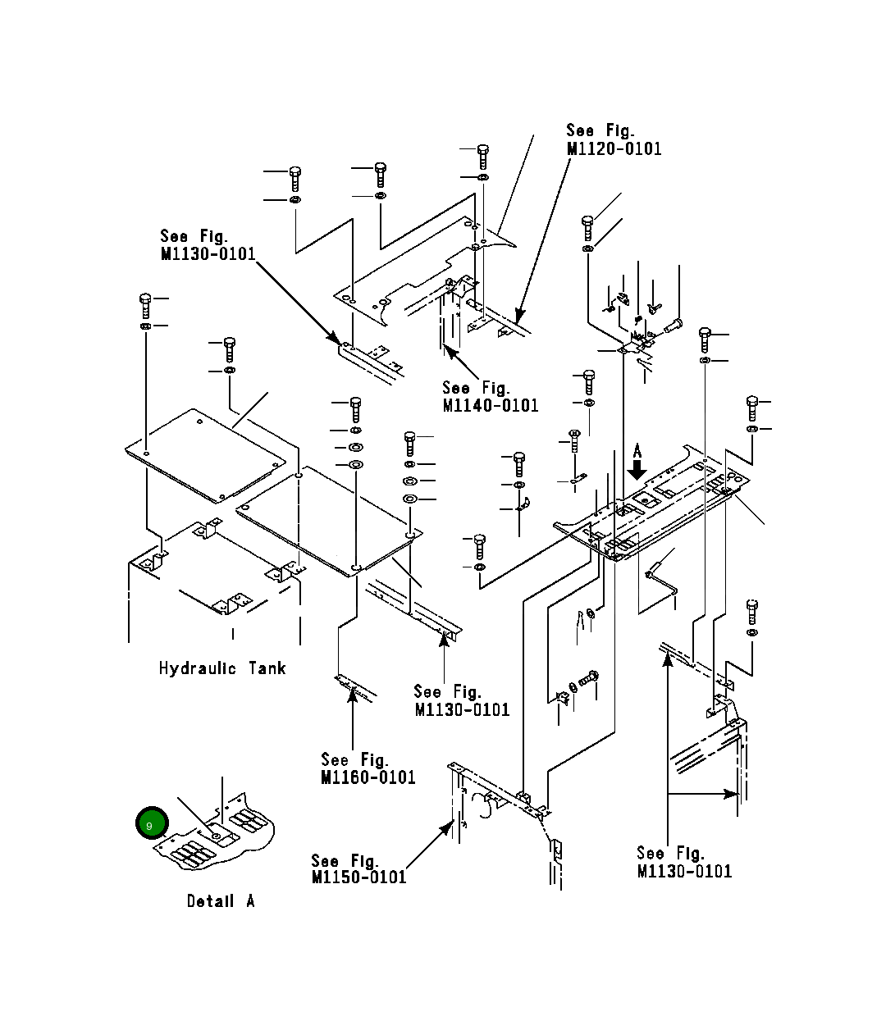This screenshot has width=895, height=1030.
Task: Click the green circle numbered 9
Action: [152, 823]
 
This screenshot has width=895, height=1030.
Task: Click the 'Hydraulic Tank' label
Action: [222, 668]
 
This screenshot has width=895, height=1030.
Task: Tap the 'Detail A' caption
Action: [221, 900]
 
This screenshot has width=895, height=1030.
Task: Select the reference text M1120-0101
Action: [614, 149]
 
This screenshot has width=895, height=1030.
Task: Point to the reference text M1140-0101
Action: [491, 406]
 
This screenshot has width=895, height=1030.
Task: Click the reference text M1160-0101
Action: [368, 777]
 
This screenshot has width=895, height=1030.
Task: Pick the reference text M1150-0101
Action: [359, 877]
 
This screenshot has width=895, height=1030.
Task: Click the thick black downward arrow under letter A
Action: [637, 470]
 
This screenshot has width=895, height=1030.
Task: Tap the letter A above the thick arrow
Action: [637, 450]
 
